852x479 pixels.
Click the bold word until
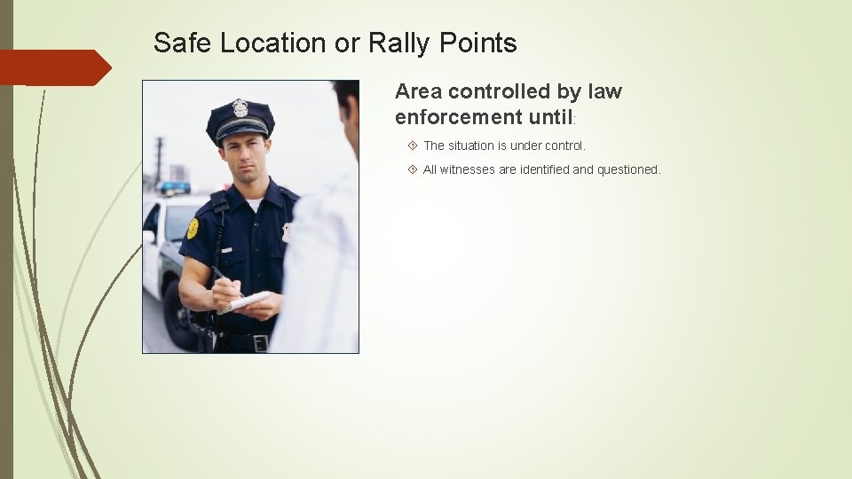click(x=551, y=117)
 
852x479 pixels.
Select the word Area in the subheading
click(x=419, y=91)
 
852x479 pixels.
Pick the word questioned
click(x=629, y=169)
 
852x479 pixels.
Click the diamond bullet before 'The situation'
click(x=413, y=145)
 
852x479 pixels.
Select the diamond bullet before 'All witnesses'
click(x=413, y=169)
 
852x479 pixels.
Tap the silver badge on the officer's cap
click(x=240, y=107)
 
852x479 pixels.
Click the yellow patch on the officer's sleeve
click(x=193, y=228)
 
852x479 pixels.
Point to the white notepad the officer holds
click(x=246, y=301)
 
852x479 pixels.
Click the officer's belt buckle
click(x=260, y=342)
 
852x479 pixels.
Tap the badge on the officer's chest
click(x=286, y=232)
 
